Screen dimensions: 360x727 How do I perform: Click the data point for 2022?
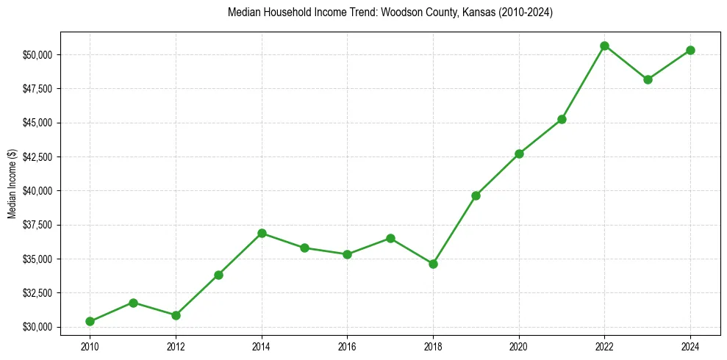(x=604, y=46)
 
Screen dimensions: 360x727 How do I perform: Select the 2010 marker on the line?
(x=90, y=321)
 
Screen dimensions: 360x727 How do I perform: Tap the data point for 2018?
(x=433, y=264)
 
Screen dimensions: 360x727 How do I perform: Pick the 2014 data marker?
(x=262, y=233)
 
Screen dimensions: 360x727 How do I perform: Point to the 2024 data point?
(x=690, y=50)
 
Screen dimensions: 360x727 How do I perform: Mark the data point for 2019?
(x=476, y=195)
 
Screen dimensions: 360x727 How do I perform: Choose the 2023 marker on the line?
(x=648, y=79)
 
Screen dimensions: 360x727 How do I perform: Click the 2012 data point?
(x=176, y=315)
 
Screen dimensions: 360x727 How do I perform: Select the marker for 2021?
(x=562, y=119)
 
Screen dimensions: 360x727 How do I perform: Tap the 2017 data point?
(x=390, y=238)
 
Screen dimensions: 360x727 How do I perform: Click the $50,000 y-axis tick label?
(x=37, y=55)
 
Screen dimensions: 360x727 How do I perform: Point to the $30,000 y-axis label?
(x=37, y=327)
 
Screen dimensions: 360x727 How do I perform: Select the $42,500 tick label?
(x=37, y=157)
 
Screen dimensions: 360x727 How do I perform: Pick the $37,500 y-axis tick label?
(x=37, y=226)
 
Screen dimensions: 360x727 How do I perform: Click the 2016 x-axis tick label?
(x=347, y=345)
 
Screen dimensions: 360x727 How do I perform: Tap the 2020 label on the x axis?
(x=519, y=345)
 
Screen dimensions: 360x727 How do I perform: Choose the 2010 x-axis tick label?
(x=90, y=345)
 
